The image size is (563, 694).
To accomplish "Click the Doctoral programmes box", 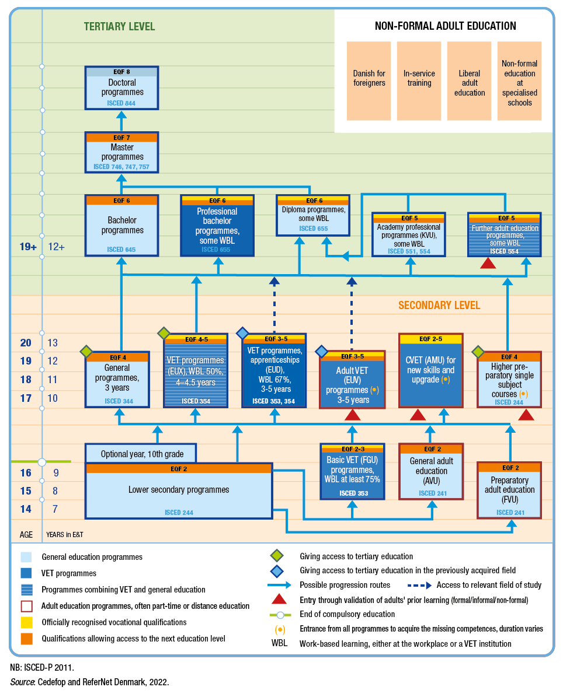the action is (121, 87).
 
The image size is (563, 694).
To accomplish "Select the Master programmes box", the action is (121, 152).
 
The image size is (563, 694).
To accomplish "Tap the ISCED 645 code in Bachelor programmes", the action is (121, 250).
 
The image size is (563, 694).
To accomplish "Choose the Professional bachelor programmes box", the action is (217, 226).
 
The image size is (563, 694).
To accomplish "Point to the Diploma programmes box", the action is (313, 215).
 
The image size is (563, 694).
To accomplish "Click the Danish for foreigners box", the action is (369, 81).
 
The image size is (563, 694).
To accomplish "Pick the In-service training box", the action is (419, 81).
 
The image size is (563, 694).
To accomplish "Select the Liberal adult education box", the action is (469, 81).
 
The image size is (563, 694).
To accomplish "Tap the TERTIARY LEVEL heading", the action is (120, 27).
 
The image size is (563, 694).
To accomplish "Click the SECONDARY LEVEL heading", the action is (439, 306).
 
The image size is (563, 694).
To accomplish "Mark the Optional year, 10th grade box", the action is (141, 454).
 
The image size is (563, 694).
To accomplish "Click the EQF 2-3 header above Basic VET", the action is (352, 449).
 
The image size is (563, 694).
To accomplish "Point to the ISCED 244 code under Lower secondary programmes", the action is (179, 513).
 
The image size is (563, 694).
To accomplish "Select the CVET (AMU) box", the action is (431, 370).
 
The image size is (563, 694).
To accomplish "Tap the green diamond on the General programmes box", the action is (86, 352).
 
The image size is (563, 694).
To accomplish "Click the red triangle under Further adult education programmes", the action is (488, 263).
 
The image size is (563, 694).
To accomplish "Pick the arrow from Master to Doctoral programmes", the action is (121, 121).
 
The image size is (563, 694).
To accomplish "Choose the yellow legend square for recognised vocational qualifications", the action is (27, 622).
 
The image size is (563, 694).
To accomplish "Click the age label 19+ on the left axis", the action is (28, 247).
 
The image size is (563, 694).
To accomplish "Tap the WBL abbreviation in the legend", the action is (279, 643).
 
